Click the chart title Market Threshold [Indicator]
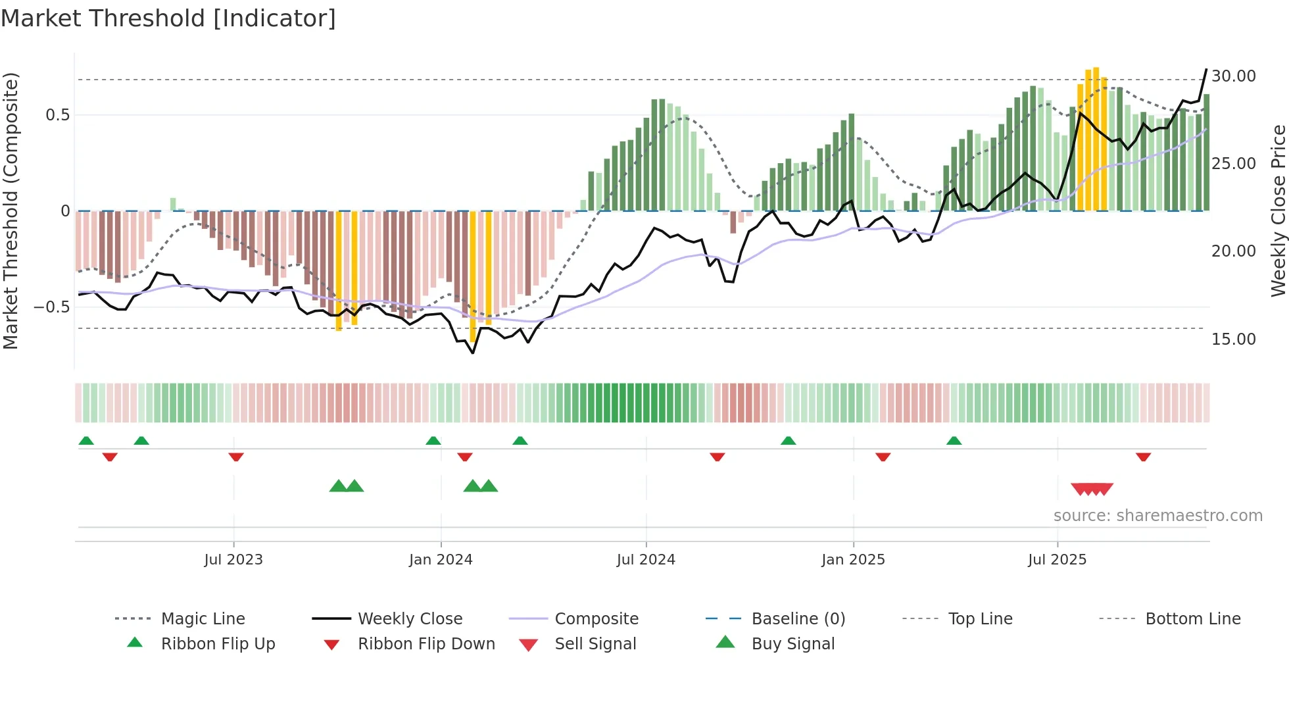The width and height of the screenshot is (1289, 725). [168, 18]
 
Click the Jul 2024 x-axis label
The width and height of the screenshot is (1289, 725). [646, 560]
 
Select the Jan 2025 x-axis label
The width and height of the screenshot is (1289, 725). [853, 560]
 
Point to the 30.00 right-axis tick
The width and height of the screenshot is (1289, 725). [1233, 76]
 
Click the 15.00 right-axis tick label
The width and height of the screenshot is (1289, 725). [1233, 339]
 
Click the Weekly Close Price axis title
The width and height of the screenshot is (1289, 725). [1278, 211]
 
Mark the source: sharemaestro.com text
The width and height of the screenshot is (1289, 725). [1157, 516]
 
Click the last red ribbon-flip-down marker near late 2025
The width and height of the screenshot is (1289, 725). [1143, 457]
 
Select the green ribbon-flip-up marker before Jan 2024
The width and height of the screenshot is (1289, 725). [433, 441]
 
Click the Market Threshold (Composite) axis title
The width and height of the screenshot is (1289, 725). [11, 211]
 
